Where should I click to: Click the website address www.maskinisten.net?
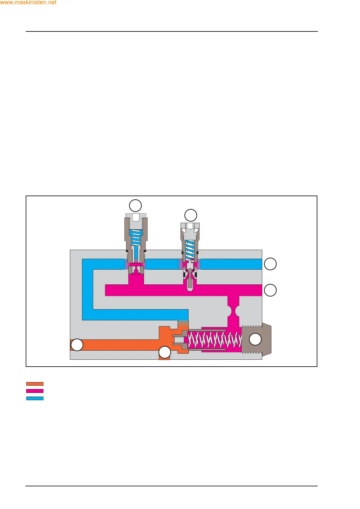[x=28, y=3]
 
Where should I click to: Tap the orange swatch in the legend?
[x=35, y=384]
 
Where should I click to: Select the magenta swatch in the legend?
[x=35, y=391]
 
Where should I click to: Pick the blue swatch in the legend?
[x=35, y=398]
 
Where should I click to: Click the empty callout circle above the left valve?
[x=135, y=206]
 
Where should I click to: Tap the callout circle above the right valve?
[x=191, y=216]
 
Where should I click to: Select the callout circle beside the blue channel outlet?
[x=270, y=264]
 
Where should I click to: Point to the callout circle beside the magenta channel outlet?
[x=270, y=290]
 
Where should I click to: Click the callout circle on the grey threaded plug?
[x=255, y=339]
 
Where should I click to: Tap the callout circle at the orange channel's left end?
[x=77, y=345]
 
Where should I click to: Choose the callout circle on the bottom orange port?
[x=165, y=352]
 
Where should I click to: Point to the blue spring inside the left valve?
[x=136, y=237]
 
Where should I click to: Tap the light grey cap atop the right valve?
[x=190, y=225]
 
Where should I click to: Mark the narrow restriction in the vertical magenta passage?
[x=233, y=311]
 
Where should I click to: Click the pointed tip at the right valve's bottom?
[x=190, y=289]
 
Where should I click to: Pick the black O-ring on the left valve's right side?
[x=145, y=251]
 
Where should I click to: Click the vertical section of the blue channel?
[x=87, y=290]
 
